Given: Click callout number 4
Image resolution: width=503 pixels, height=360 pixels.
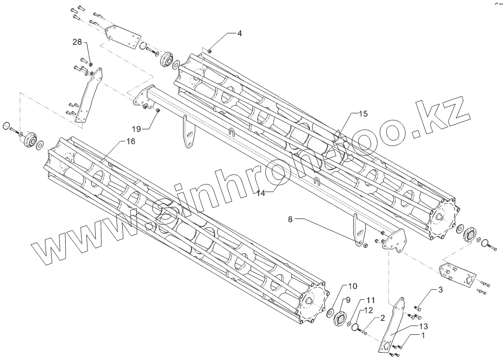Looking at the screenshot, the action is coord(239,33).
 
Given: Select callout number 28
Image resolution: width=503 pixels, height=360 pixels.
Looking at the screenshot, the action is coord(78,43).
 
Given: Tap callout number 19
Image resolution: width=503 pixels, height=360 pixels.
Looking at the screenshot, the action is coord(137,128).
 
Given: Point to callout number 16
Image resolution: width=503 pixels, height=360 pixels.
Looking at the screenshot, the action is coord(130,141).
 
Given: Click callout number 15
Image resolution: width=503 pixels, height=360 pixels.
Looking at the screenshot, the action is coord(363,114).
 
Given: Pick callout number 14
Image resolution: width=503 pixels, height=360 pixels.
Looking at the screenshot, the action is coord(261,192).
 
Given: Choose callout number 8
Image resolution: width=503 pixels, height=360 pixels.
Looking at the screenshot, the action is coord(290,219).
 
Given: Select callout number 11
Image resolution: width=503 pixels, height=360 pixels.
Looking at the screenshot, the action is coord(370,299).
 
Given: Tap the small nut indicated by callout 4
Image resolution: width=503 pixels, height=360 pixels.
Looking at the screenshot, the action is coord(210,50).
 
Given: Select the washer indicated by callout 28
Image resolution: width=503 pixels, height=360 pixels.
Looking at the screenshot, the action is coord(92,65).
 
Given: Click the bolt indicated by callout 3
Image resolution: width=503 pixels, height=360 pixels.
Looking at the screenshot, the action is coord(418,308).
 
